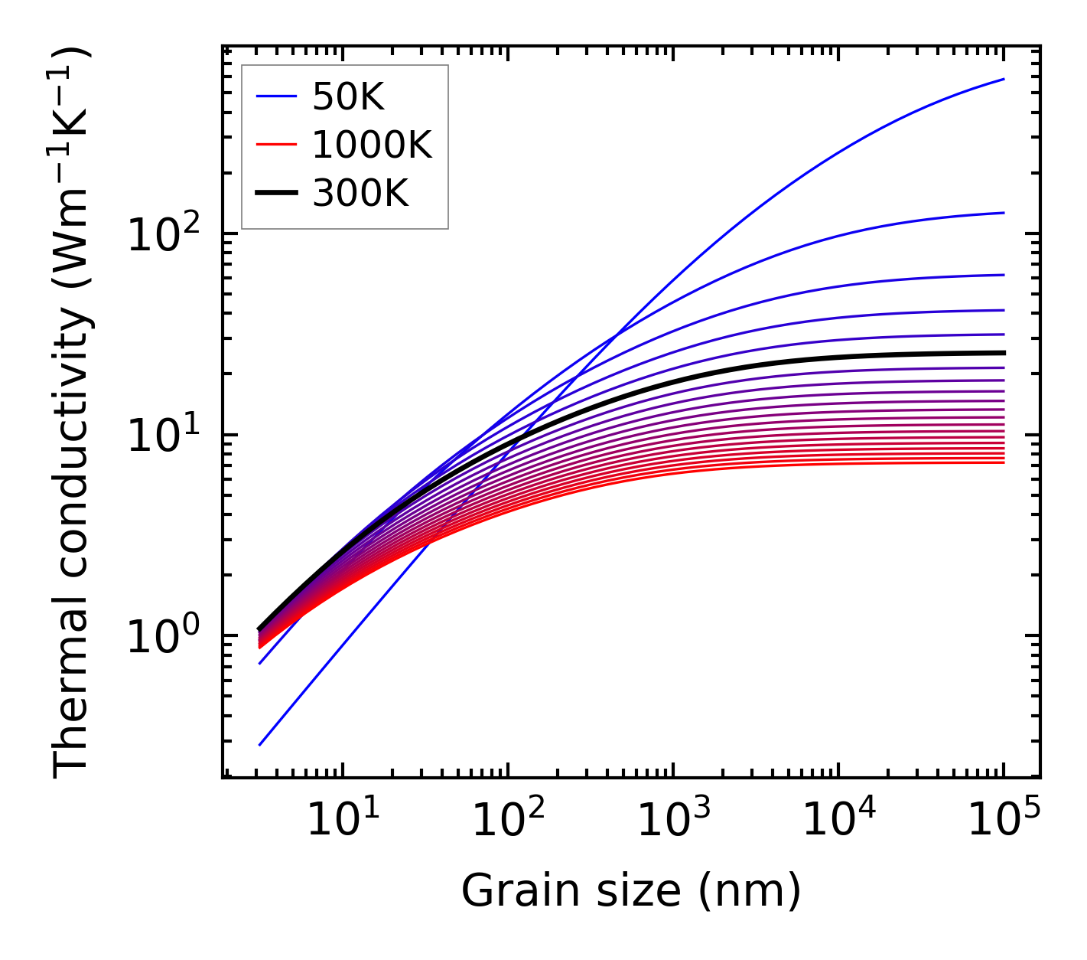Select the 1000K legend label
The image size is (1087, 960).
[x=372, y=145]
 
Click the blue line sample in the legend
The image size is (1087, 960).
[x=276, y=96]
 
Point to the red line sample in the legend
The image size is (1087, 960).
[x=276, y=145]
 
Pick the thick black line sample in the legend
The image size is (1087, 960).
[x=276, y=194]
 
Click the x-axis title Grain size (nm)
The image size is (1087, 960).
[x=631, y=891]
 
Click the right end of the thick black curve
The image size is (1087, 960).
[x=1004, y=353]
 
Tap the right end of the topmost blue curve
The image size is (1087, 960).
[x=1004, y=79]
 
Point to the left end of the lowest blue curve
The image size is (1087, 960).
[x=260, y=745]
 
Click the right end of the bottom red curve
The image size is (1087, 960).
[x=1004, y=462]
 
